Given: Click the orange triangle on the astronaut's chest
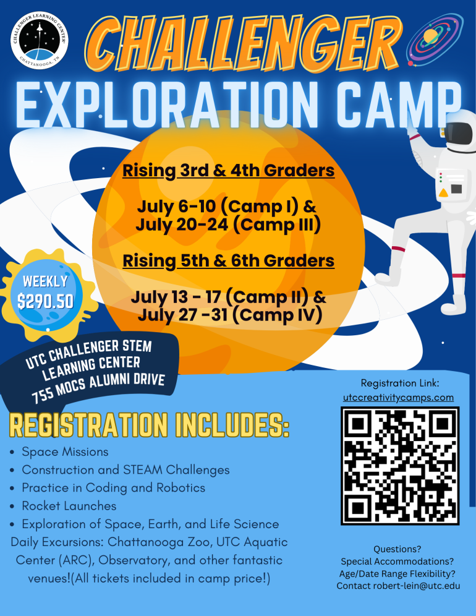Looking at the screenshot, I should [443, 193].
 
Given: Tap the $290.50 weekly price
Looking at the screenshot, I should [45, 301].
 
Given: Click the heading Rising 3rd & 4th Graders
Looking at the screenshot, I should [229, 169].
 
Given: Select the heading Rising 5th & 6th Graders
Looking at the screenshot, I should [229, 260].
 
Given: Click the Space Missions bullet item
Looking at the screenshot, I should [65, 452].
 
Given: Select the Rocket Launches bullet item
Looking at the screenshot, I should [69, 506].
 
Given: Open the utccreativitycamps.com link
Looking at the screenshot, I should [399, 397].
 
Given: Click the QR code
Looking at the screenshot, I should [399, 466].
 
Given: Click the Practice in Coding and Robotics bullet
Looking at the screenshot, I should [113, 488].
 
